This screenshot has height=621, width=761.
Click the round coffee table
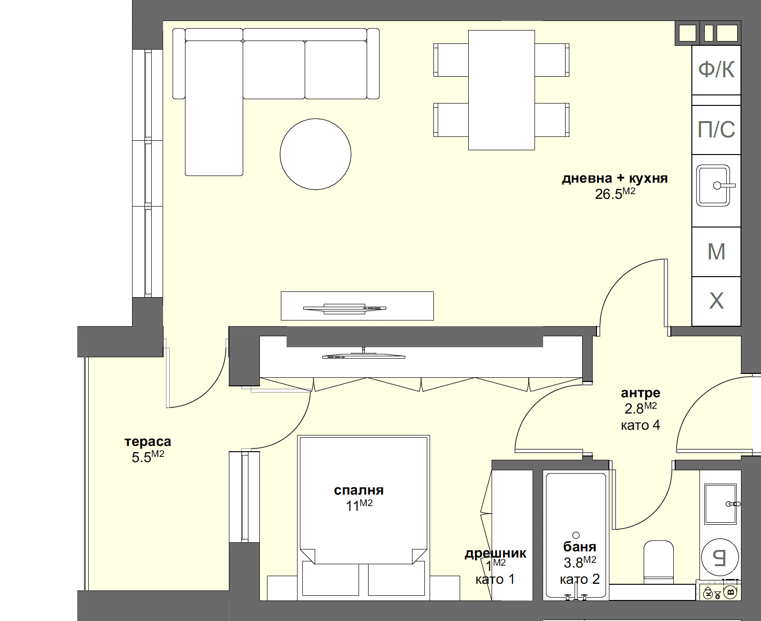[x=315, y=154]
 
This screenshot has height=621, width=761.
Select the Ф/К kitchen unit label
[x=716, y=70]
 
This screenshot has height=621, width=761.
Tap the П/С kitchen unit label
[x=716, y=130]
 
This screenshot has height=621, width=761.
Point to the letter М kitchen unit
[x=716, y=252]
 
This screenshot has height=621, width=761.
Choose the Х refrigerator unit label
[x=716, y=301]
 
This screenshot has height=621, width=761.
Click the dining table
[x=501, y=90]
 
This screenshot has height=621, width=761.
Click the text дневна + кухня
[x=615, y=178]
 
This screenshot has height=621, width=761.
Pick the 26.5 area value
[x=608, y=194]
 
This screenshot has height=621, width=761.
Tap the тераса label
[x=148, y=442]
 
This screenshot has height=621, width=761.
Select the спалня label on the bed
[x=359, y=490]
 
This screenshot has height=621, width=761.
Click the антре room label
[x=640, y=393]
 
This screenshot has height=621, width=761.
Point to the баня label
[x=579, y=547]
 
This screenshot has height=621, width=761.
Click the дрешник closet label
[x=495, y=553]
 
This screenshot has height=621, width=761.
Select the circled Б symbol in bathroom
[x=720, y=557]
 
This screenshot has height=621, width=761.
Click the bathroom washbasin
[x=720, y=504]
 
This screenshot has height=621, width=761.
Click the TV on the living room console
[x=344, y=308]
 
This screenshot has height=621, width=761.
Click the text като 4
[x=640, y=425]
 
